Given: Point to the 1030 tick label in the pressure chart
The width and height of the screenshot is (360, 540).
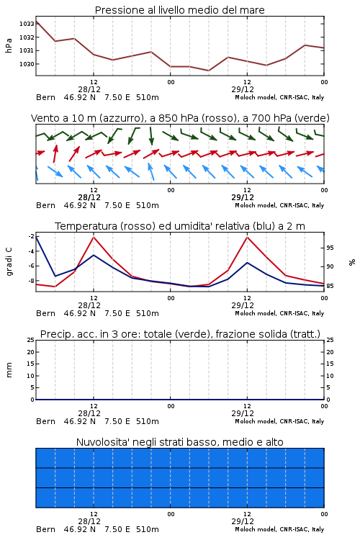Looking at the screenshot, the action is tap(27, 64).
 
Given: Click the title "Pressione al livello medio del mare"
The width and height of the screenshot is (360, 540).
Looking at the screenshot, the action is tap(180, 10).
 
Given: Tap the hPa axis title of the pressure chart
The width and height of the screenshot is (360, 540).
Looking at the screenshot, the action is tap(9, 45).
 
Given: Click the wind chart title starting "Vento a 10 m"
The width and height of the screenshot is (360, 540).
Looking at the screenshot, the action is tap(180, 118).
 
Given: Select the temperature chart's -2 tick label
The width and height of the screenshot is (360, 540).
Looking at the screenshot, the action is tap(31, 236).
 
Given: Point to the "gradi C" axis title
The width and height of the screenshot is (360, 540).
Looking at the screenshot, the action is tap(9, 261).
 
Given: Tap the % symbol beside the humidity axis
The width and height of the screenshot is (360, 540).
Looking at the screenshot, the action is tap(352, 262).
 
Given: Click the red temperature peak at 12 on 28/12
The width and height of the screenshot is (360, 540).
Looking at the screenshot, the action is tap(94, 237).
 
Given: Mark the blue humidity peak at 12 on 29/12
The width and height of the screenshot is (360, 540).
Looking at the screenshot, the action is tap(247, 262).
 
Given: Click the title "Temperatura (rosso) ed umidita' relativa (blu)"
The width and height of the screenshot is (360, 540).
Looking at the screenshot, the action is tap(180, 226).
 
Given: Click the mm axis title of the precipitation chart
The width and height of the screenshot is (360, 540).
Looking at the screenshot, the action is tap(9, 370).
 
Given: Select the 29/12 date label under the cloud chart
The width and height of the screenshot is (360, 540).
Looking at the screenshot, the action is tap(243, 521).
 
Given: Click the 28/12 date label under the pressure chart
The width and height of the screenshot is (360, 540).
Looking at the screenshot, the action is tap(89, 89).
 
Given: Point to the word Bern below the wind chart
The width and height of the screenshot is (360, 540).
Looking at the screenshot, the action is tap(45, 206).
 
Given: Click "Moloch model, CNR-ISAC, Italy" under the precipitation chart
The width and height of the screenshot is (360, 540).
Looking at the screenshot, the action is tap(279, 421).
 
